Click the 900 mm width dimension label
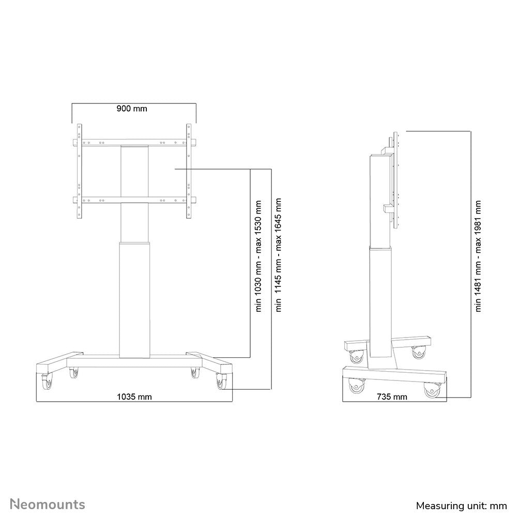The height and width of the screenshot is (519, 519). pyautogui.click(x=132, y=109)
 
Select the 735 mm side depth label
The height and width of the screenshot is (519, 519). pyautogui.click(x=392, y=397)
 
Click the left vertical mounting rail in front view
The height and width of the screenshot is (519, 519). pyautogui.click(x=79, y=171)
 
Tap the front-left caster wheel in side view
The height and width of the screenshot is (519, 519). pyautogui.click(x=357, y=387)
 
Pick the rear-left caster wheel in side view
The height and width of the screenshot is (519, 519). pyautogui.click(x=356, y=356)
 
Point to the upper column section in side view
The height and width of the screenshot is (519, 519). pyautogui.click(x=381, y=199)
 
